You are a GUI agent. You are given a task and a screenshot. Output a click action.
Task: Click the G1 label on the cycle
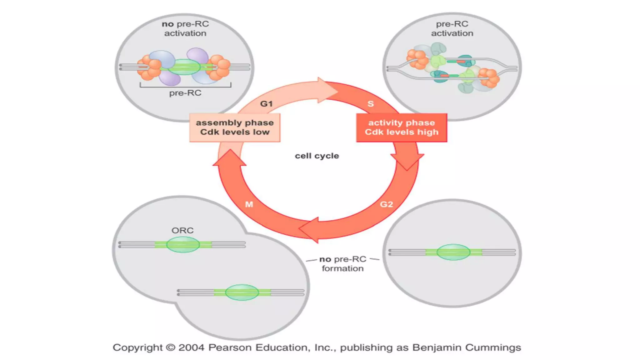click(266, 104)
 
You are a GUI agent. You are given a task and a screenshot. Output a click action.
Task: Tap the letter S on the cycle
click(370, 104)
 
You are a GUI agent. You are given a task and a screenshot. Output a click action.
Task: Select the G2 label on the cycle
click(386, 204)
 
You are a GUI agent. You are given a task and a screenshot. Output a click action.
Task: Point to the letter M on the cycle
click(249, 204)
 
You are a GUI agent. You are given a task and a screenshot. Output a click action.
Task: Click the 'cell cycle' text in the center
click(317, 156)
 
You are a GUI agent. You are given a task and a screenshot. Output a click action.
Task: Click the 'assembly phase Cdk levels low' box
click(235, 127)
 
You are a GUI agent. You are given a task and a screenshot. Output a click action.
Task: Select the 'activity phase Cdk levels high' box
click(402, 127)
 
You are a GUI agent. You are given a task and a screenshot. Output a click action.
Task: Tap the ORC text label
click(182, 230)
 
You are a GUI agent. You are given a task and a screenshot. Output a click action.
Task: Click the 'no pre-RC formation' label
click(342, 264)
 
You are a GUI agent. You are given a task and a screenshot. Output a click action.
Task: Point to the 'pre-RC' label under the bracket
click(185, 93)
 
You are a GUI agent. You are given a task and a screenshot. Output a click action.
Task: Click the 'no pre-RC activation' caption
click(185, 28)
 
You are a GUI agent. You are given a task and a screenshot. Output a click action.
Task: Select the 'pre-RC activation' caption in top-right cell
click(452, 28)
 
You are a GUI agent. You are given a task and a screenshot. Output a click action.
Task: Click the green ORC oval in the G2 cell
click(453, 252)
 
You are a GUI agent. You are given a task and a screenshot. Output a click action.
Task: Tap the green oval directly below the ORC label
click(183, 244)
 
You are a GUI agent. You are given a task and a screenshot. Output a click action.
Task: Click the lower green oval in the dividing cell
click(242, 292)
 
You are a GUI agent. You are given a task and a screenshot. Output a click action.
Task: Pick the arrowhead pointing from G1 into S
click(327, 91)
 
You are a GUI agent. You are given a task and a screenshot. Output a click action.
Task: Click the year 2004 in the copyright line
click(191, 347)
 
